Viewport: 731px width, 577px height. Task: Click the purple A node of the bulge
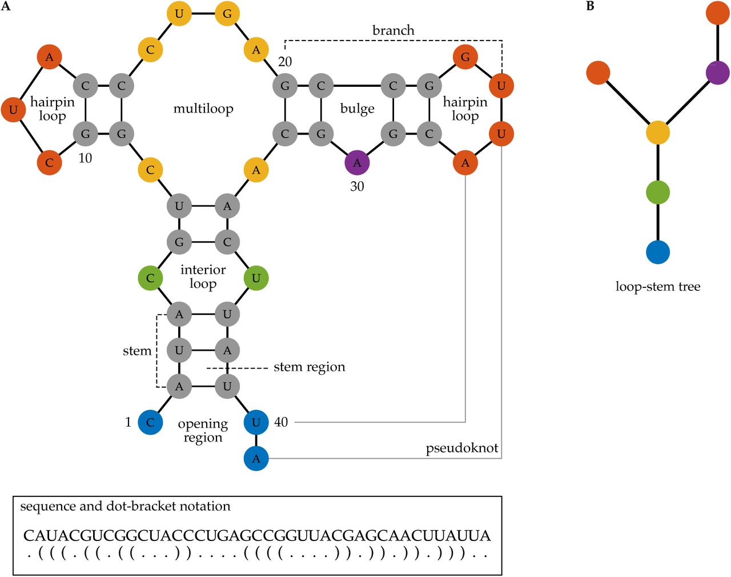click(357, 163)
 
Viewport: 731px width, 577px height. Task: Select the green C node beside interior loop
click(150, 278)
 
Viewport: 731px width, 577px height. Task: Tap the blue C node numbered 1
click(150, 422)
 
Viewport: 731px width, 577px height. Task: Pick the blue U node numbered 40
click(256, 422)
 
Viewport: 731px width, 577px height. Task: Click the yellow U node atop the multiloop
click(179, 14)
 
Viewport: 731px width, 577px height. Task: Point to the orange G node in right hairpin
click(465, 57)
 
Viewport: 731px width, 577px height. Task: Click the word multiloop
click(203, 109)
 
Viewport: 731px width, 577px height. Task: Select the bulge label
click(357, 109)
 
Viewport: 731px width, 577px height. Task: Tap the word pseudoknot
click(462, 448)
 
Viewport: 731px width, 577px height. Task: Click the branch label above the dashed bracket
click(393, 30)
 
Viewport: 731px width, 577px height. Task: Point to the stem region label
click(309, 367)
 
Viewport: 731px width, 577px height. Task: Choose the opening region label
click(203, 431)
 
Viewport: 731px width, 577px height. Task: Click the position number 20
click(284, 62)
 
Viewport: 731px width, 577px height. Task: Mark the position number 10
click(85, 158)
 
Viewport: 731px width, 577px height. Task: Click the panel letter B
click(590, 6)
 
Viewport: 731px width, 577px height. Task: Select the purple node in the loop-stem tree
click(717, 73)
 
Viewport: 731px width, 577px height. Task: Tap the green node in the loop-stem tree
click(658, 193)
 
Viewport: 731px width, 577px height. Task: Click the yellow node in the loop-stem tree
click(658, 133)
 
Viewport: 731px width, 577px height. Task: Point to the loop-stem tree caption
click(658, 287)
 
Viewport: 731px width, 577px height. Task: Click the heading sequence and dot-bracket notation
click(125, 506)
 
